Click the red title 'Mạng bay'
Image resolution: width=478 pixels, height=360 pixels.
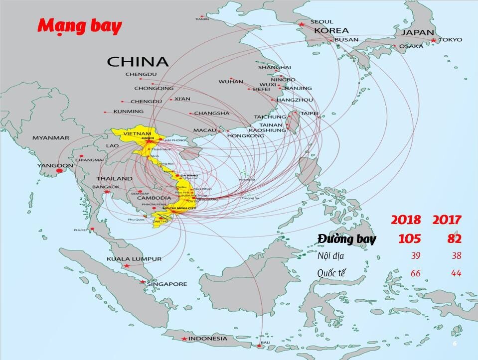coord(80,26)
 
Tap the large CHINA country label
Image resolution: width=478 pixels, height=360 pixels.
coord(138,62)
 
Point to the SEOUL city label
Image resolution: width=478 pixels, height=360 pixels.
coord(321,22)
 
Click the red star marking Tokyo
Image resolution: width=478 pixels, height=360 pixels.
coord(434,40)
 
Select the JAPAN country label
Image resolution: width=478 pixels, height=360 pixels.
coord(417,32)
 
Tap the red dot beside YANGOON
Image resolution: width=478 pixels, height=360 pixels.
coord(60,171)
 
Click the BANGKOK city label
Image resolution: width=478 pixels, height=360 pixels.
coord(106,187)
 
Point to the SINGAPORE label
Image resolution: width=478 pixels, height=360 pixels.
coord(166,284)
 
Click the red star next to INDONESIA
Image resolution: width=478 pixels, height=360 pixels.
coord(184,339)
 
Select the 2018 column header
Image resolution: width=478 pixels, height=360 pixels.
coord(406,220)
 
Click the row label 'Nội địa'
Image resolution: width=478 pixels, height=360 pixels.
coord(331,256)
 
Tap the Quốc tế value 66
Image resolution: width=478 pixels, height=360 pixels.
coord(415,273)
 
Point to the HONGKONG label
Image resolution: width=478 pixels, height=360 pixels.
coord(245,135)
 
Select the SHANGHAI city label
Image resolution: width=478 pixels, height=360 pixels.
coord(274,67)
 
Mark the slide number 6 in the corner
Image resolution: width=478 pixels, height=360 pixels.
coord(455,344)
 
